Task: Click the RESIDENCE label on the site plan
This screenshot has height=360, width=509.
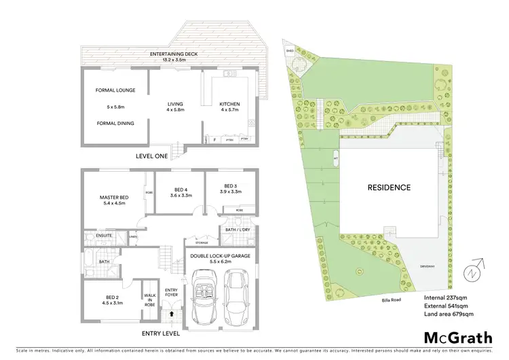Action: point(389,187)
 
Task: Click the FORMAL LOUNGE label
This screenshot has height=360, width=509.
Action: point(115,90)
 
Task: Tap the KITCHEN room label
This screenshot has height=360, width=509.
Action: point(229,105)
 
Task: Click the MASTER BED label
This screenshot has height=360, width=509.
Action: point(115,198)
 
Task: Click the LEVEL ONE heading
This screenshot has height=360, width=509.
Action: point(151,156)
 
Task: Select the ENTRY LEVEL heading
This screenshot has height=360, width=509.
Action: point(161,334)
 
